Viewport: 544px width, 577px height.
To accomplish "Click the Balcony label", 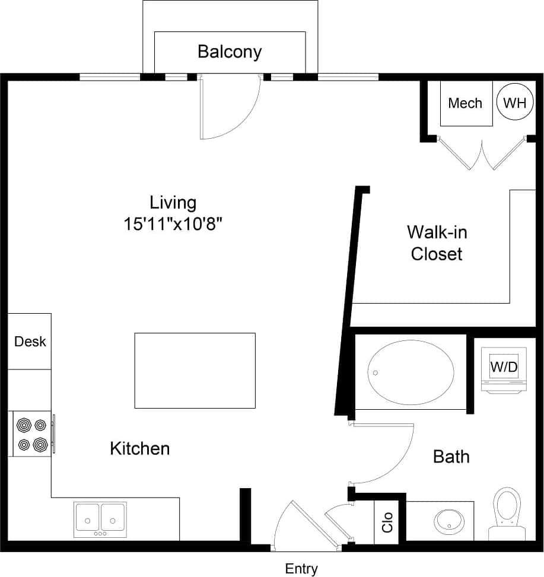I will pos(229,52).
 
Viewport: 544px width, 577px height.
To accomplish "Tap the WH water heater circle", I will pos(514,103).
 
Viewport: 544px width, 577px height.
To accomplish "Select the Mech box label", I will pos(465,103).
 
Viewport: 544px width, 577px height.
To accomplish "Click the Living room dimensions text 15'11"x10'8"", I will pos(173,224).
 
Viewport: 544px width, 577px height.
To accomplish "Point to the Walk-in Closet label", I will pos(437,243).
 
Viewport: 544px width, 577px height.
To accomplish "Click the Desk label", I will pos(30,342).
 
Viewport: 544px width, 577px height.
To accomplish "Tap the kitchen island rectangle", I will pos(195,370).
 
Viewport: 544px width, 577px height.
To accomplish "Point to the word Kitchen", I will pos(140,448).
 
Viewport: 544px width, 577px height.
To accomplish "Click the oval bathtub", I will pos(411,372).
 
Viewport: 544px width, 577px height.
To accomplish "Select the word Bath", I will pos(451,457).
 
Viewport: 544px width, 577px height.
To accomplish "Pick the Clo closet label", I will pos(388,522).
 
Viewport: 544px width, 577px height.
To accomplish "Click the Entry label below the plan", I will pos(301,569).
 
